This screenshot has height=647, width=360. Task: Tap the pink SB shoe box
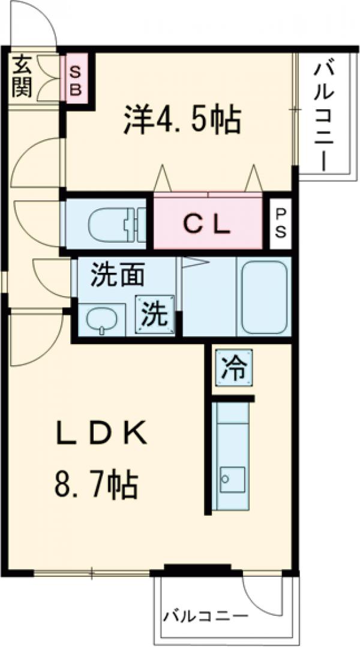[x=77, y=79]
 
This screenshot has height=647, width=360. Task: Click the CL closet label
[x=207, y=224]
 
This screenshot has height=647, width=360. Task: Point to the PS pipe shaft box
[x=280, y=223]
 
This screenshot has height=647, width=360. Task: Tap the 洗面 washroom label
[x=117, y=276]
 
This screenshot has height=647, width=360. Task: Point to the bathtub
[x=262, y=297]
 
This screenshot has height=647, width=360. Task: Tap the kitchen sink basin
[x=232, y=479]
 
